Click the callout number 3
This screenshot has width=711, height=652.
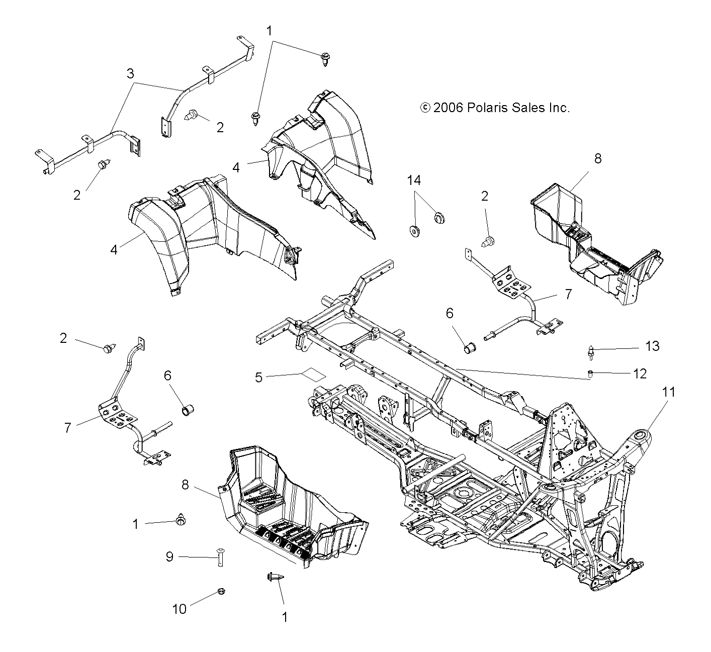click(130, 74)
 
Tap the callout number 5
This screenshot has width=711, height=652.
click(258, 377)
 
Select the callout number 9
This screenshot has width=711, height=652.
click(169, 556)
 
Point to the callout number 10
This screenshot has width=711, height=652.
click(180, 609)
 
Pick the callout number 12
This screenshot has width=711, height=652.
click(640, 374)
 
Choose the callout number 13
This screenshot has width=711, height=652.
click(652, 346)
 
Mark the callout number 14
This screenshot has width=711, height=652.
click(414, 180)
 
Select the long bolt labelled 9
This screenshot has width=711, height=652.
click(220, 556)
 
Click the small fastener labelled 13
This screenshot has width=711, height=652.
click(592, 351)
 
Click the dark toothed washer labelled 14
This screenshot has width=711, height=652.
click(416, 232)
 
